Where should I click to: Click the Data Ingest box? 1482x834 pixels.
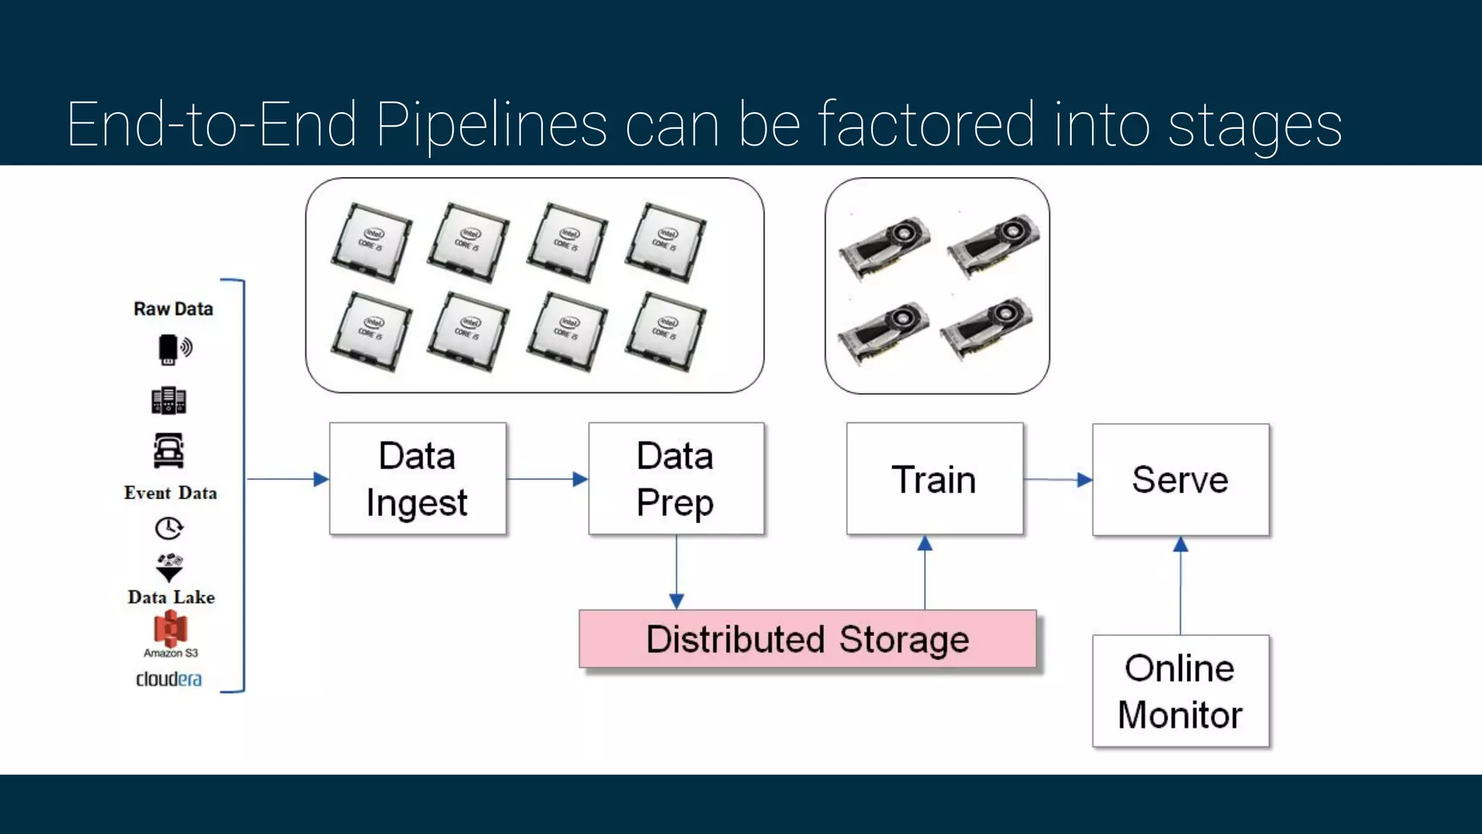pyautogui.click(x=418, y=479)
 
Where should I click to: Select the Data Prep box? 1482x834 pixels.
pyautogui.click(x=676, y=479)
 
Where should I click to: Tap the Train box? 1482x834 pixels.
pyautogui.click(x=934, y=479)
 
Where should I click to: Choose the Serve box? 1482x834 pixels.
pyautogui.click(x=1180, y=479)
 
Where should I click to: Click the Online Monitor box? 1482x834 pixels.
pyautogui.click(x=1180, y=691)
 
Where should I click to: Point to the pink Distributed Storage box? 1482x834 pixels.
pyautogui.click(x=808, y=639)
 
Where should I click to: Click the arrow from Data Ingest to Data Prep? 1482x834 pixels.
pyautogui.click(x=547, y=479)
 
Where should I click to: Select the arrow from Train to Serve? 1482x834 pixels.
pyautogui.click(x=1057, y=479)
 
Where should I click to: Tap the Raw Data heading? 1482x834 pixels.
pyautogui.click(x=174, y=309)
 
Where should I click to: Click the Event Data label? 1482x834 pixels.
pyautogui.click(x=171, y=493)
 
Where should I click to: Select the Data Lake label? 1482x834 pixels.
pyautogui.click(x=172, y=597)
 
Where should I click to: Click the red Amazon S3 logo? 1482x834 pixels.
pyautogui.click(x=171, y=628)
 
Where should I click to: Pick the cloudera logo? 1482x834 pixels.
pyautogui.click(x=169, y=679)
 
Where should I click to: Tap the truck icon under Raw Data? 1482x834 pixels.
pyautogui.click(x=169, y=450)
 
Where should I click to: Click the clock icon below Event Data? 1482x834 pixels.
pyautogui.click(x=169, y=528)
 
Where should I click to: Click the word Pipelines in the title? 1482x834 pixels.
pyautogui.click(x=491, y=125)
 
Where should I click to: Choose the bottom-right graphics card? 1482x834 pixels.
pyautogui.click(x=988, y=328)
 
